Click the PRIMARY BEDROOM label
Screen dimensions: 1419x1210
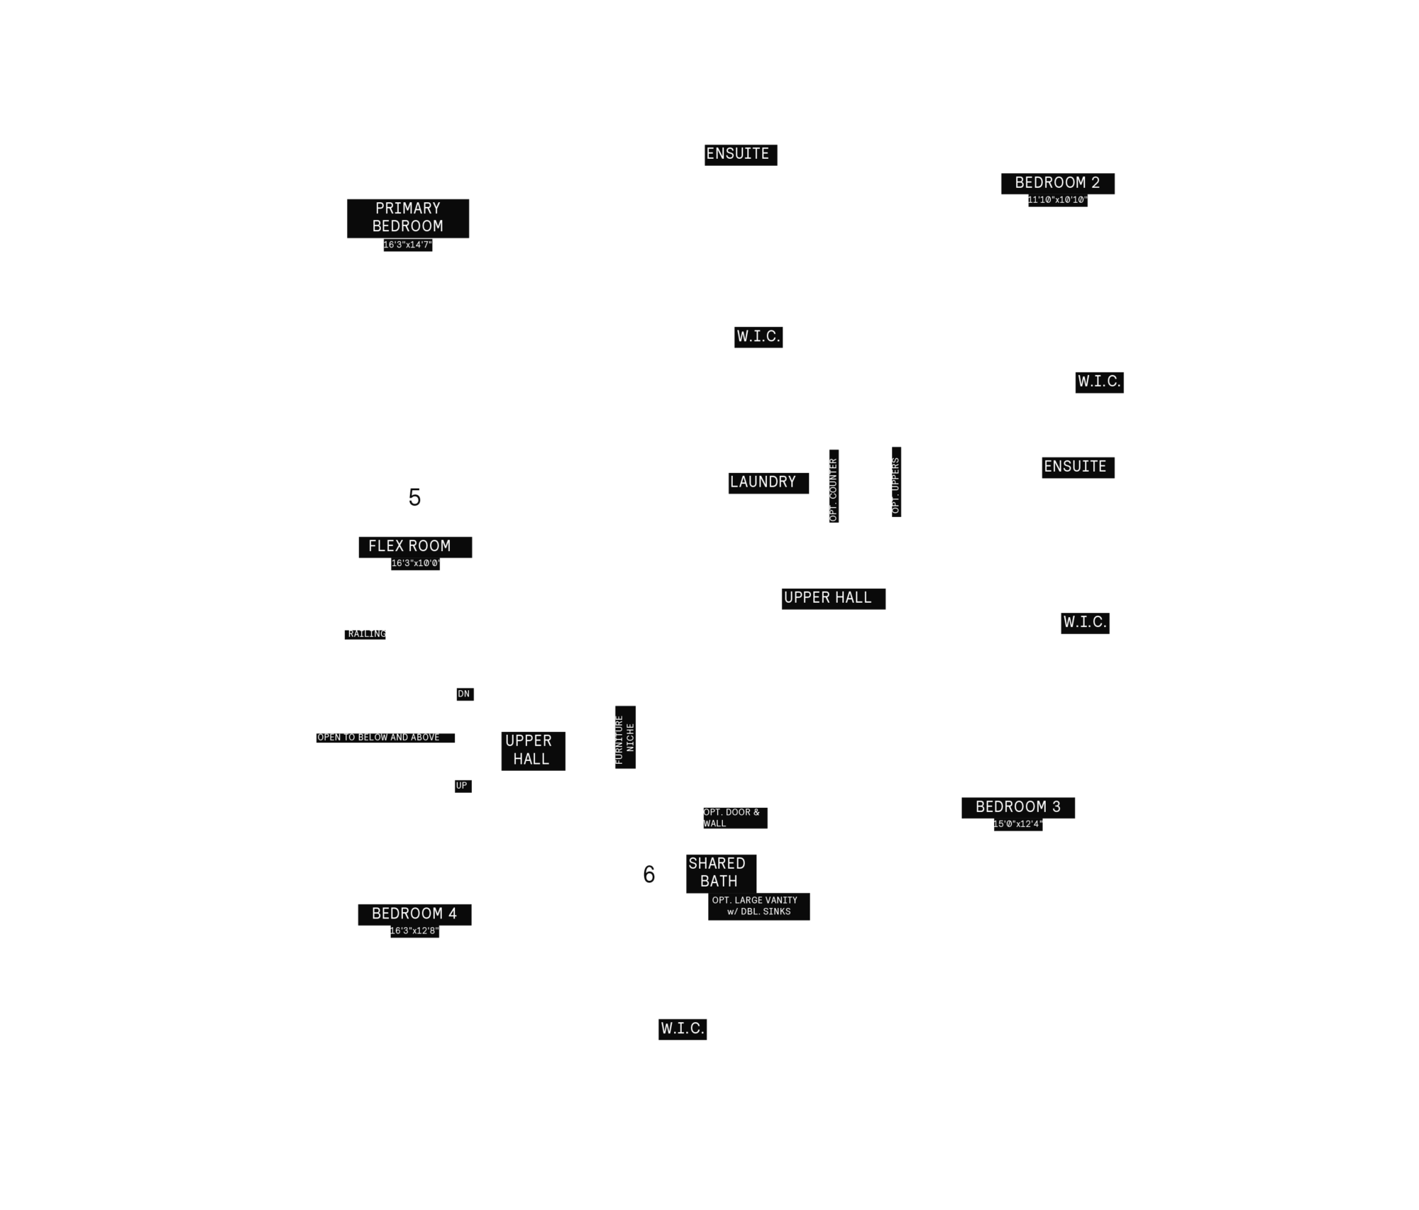click(x=408, y=218)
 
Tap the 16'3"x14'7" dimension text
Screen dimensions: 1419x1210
click(x=408, y=245)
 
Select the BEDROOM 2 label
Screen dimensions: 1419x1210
click(x=1058, y=183)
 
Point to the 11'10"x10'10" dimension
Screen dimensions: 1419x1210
click(x=1058, y=200)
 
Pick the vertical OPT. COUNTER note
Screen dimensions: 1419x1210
click(x=834, y=486)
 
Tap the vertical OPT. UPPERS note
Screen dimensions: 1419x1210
click(x=896, y=482)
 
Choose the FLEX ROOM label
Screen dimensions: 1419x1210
click(x=415, y=547)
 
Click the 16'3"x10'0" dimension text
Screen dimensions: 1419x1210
click(x=415, y=564)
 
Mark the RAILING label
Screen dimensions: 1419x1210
click(x=365, y=634)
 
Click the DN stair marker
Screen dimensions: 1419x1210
click(x=465, y=694)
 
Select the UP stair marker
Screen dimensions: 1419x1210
click(x=463, y=786)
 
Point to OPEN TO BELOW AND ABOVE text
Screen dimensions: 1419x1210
click(x=385, y=738)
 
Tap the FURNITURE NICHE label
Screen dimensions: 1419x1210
click(x=625, y=737)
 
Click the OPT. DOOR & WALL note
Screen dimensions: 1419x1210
click(x=735, y=818)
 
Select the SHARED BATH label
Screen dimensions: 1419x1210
click(x=721, y=873)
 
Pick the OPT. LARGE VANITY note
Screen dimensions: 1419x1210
click(x=758, y=906)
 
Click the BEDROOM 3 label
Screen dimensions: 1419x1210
click(x=1018, y=807)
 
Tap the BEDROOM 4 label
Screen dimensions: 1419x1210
click(x=414, y=914)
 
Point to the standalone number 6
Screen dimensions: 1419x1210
click(x=649, y=875)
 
